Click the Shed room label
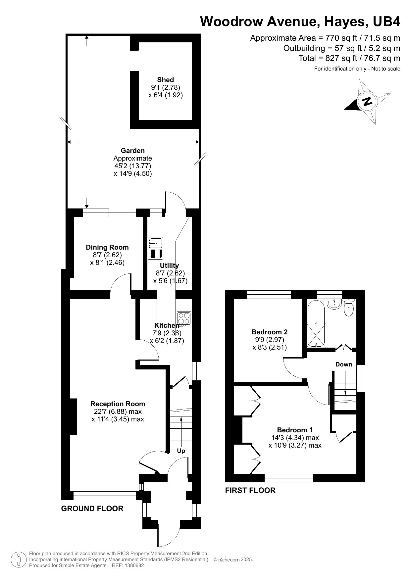coord(165,80)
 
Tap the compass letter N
coord(367,101)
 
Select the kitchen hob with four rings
coord(184,318)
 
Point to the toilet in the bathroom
coord(348,309)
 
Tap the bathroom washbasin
coord(334,304)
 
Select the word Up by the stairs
coord(181,451)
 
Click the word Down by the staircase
coord(343,364)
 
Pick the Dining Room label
coord(107,247)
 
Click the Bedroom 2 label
coord(270,332)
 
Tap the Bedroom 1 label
coord(295,430)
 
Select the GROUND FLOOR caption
coord(92,508)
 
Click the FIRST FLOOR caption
coord(250,490)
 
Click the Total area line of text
coord(349,58)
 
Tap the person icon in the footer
coord(19,560)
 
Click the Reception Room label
coord(118,404)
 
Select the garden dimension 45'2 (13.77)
coord(132,166)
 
